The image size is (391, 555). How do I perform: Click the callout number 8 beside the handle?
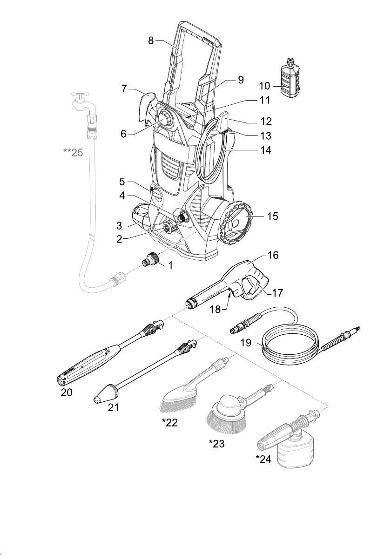151,41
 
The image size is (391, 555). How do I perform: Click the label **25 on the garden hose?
73,153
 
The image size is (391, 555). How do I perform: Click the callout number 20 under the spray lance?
67,392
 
